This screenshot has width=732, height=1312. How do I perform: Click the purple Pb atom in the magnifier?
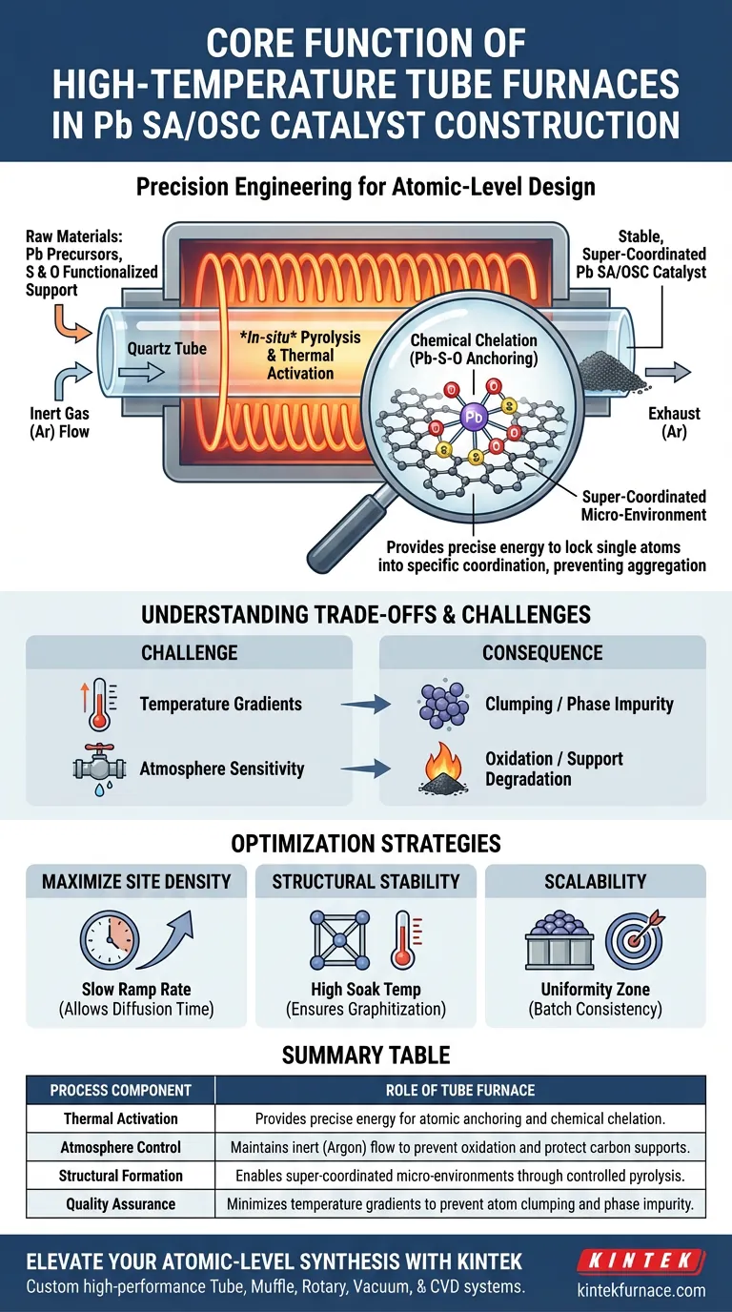[x=474, y=418]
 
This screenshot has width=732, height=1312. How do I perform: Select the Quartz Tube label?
[x=167, y=348]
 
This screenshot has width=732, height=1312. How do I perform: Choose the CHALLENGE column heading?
[x=189, y=652]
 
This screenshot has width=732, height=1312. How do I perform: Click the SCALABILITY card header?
[x=595, y=881]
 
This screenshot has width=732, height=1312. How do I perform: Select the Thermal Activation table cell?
[x=120, y=1119]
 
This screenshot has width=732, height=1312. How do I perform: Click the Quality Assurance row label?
[x=120, y=1203]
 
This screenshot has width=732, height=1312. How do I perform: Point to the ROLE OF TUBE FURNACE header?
[x=461, y=1090]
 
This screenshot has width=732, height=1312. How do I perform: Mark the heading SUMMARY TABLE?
[x=366, y=1055]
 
